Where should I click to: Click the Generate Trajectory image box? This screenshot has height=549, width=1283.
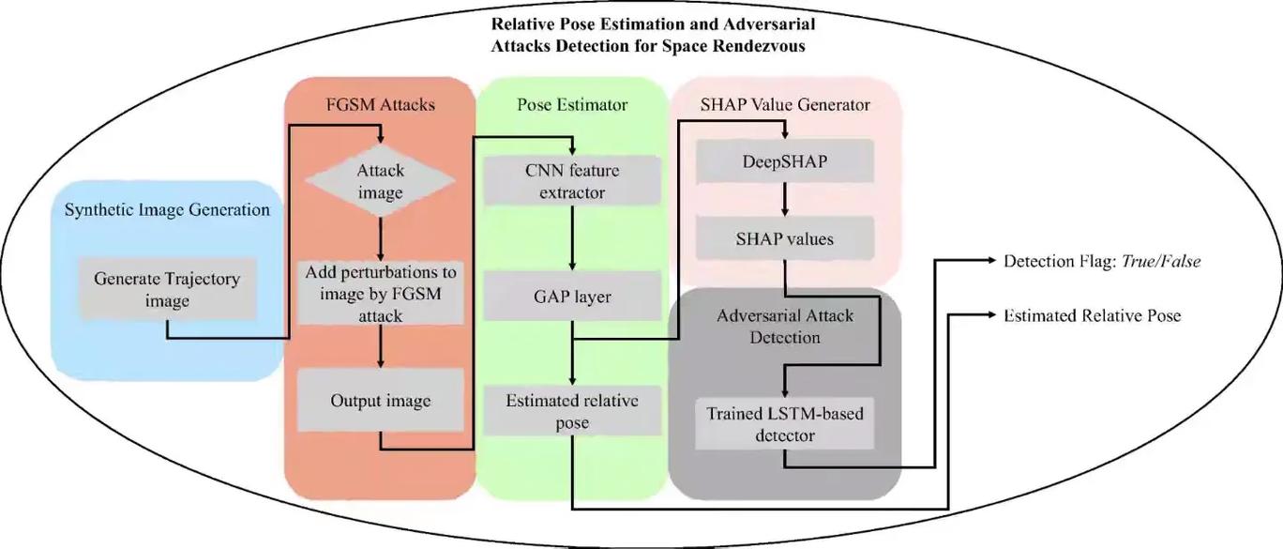[x=167, y=289]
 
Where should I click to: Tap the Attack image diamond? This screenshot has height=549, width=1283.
[x=380, y=182]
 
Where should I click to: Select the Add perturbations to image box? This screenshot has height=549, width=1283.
[x=380, y=294]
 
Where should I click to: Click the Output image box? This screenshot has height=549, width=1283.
[x=380, y=401]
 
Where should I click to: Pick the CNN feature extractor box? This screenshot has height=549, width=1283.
[x=572, y=182]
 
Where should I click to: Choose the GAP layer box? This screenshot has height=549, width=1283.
[x=572, y=297]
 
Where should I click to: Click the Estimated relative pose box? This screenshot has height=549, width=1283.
[x=572, y=411]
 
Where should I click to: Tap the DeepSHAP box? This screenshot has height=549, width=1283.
[x=785, y=161]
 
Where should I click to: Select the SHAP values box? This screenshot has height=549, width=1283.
[x=785, y=238]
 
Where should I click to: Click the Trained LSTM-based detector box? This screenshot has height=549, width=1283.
[x=785, y=423]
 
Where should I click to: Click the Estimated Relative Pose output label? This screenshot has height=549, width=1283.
[x=1092, y=315]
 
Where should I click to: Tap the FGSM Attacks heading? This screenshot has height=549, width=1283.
[x=380, y=104]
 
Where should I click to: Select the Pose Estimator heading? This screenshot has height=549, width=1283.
[x=572, y=104]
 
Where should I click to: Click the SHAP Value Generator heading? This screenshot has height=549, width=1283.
[x=785, y=104]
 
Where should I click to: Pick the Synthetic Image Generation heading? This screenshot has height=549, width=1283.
[x=167, y=209]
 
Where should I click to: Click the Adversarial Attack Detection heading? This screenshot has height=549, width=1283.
[x=785, y=326]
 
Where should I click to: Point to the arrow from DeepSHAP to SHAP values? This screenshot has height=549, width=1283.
[x=785, y=200]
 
